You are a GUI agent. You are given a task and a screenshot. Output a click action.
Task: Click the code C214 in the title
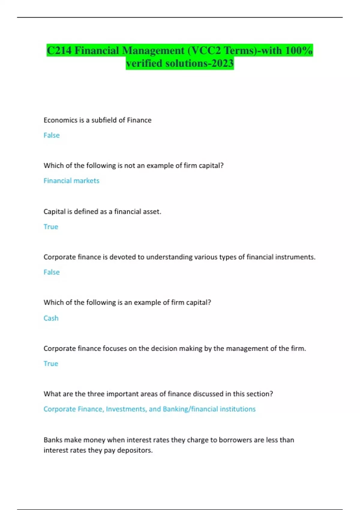click(x=59, y=50)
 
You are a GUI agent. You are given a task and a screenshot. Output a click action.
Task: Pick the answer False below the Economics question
click(x=52, y=135)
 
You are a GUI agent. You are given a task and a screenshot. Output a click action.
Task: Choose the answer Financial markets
click(x=71, y=181)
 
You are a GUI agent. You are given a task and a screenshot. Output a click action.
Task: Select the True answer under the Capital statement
click(x=51, y=227)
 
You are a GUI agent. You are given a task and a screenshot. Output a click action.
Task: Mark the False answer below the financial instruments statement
click(x=52, y=272)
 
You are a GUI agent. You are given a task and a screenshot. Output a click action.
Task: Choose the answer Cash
click(x=51, y=318)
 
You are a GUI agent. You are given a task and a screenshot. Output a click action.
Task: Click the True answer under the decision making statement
click(x=51, y=364)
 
